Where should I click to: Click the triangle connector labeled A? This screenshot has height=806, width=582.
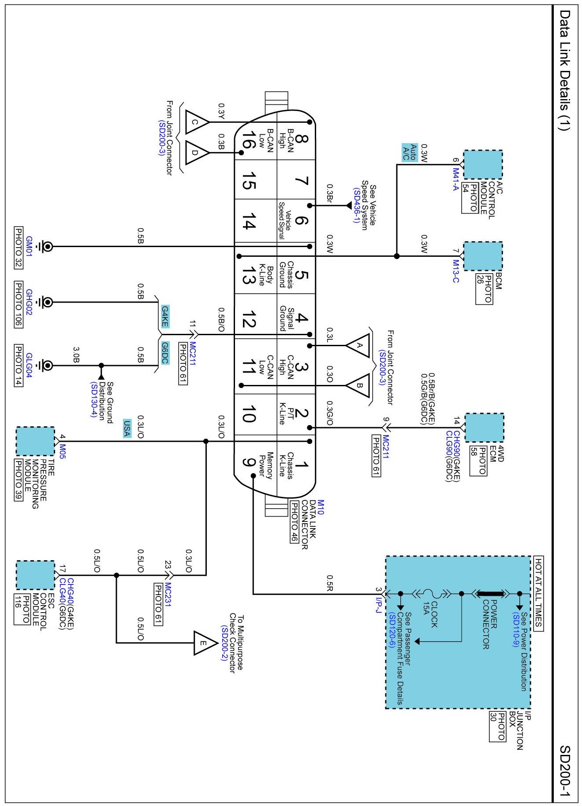click(x=358, y=345)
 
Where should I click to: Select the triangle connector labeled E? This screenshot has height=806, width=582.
click(x=205, y=643)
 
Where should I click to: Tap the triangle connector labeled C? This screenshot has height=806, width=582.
click(x=197, y=122)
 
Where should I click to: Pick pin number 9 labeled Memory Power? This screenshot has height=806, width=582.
click(x=249, y=462)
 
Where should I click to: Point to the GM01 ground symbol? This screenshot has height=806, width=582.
click(x=46, y=247)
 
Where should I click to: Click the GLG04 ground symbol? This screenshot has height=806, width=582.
click(x=46, y=366)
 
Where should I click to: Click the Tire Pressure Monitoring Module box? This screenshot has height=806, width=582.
click(x=35, y=441)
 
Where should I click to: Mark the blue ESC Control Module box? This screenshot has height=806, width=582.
click(x=35, y=575)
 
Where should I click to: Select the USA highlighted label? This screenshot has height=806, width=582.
click(x=127, y=429)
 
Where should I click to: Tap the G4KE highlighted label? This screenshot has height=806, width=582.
click(x=164, y=317)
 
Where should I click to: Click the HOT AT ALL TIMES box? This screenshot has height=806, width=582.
click(x=538, y=594)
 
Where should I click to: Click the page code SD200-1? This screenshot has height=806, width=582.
click(x=565, y=770)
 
